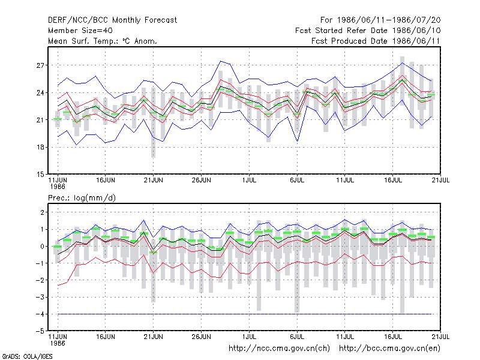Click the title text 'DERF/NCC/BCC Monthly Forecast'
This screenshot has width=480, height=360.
coord(112,20)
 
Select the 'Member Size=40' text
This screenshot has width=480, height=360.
coord(80,31)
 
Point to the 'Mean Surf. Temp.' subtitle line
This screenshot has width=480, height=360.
coord(103,41)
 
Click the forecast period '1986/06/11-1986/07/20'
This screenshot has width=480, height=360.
coord(389,20)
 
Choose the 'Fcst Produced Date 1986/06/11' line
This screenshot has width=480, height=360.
coord(376,41)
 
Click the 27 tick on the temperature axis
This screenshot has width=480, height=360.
coord(40,65)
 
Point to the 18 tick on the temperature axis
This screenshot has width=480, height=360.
coord(40,147)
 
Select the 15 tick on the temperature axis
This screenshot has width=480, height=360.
coord(40,175)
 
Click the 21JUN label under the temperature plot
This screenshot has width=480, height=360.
coord(154,181)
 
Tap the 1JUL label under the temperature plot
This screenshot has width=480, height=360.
coord(249,181)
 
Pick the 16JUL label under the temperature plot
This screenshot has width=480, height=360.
coord(393,181)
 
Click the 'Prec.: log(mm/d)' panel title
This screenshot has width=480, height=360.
coord(82,198)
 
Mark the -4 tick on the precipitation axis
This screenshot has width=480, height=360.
coord(40,314)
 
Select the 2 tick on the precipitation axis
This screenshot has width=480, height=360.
coord(42,212)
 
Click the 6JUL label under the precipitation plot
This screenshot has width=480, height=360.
coord(297,337)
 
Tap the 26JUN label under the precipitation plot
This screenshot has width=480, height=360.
coord(201,337)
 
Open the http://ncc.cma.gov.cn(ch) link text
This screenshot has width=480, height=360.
coord(279,349)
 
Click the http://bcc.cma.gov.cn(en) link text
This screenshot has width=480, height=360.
coord(389,349)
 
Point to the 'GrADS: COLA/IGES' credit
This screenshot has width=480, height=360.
coord(27,356)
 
